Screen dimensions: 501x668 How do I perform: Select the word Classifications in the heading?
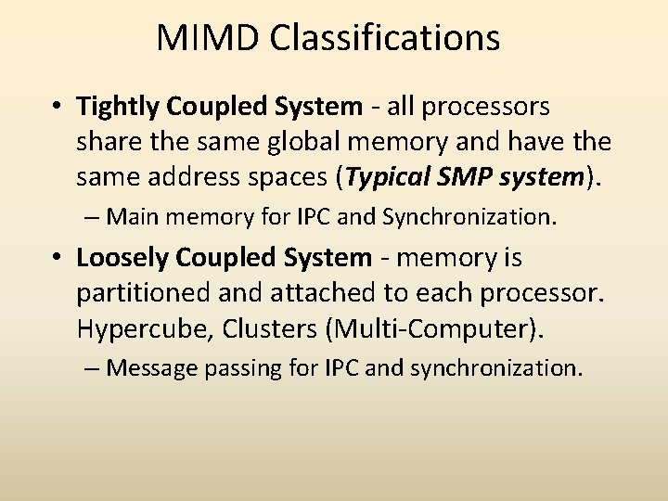386,38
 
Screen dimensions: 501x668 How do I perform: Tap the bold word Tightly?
119,108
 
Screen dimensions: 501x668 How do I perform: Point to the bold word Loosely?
119,257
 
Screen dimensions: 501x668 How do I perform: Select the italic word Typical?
390,176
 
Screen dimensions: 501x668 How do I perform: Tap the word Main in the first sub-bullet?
133,217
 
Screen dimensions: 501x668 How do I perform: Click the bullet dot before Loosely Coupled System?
58,258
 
